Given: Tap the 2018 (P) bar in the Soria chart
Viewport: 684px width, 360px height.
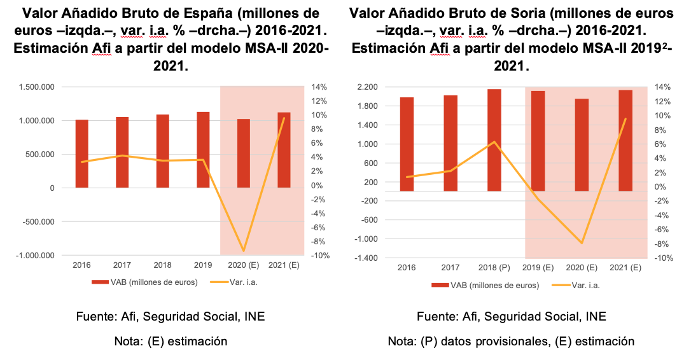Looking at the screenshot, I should [494, 140].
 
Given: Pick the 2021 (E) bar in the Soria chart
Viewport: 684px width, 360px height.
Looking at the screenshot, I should [625, 140].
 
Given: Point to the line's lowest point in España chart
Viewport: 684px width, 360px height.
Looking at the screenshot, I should [243, 251].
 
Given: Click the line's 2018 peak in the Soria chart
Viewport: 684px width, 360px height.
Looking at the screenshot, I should [494, 142].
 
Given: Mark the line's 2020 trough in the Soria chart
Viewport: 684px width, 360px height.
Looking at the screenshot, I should [582, 243].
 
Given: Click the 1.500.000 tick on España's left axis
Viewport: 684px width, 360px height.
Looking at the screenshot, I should [37, 87].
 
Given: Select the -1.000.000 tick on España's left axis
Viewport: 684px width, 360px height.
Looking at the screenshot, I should [35, 256].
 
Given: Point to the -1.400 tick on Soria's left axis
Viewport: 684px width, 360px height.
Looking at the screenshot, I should [367, 258].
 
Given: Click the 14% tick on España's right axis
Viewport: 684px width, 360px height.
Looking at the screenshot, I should [319, 87].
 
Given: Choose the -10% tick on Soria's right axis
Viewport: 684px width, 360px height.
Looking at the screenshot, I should [662, 258].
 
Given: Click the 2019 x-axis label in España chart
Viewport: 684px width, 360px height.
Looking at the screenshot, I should [202, 265].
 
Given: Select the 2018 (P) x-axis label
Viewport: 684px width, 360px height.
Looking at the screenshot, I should [494, 268].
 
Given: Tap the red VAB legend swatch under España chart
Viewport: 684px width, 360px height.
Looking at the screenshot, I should [101, 282].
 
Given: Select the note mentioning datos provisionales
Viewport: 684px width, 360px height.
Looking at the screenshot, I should [511, 341].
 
